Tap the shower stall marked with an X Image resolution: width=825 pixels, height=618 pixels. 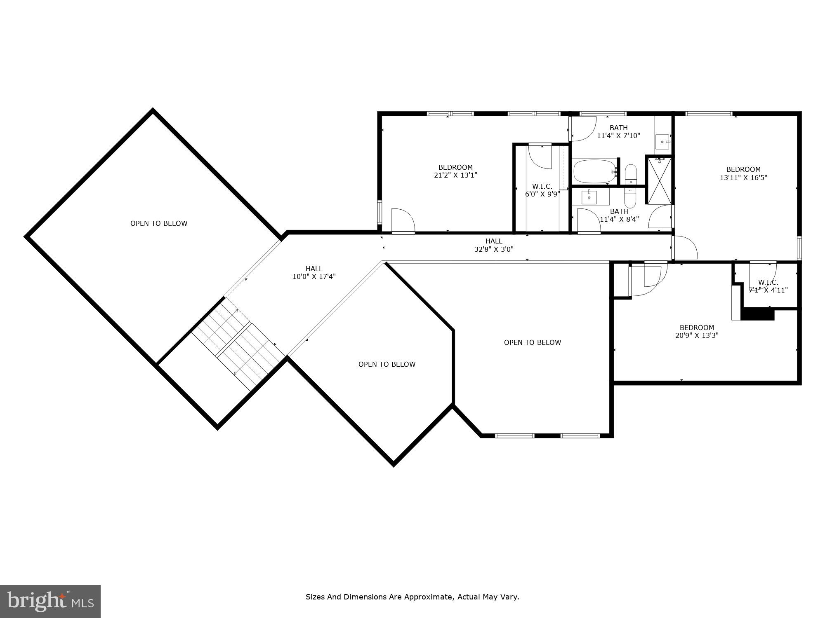659,181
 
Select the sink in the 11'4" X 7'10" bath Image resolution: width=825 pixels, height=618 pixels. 663,142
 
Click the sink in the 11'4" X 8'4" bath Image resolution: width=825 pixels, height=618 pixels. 590,197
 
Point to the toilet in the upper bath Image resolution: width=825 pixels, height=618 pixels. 631,175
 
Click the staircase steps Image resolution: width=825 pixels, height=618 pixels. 238,344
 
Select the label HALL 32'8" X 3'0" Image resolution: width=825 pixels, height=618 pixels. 494,245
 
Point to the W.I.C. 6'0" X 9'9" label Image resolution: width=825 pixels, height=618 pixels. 542,190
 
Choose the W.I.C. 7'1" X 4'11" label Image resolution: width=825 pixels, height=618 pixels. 768,286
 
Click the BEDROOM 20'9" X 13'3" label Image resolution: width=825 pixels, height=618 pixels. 697,332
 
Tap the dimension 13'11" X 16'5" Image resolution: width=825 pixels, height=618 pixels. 743,178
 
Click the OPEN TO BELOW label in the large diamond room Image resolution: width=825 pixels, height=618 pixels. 159,223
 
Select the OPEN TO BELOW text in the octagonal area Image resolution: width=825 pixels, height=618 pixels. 387,364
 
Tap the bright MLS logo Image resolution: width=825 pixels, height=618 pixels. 50,601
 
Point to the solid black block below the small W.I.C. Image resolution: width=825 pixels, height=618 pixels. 758,315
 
